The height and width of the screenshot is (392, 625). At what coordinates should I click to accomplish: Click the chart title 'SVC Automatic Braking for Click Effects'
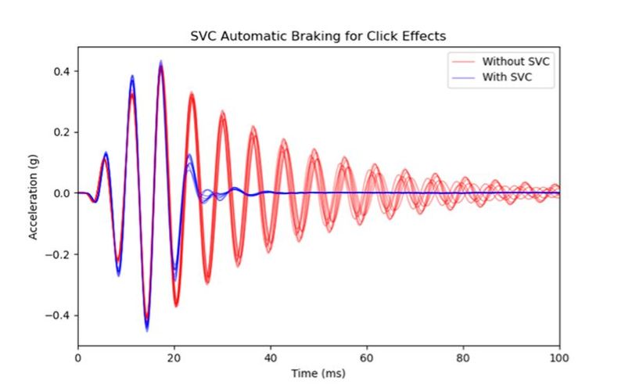point(319,36)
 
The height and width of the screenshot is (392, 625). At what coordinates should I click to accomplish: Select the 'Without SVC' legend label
point(509,61)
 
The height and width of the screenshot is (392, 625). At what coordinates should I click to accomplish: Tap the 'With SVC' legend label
point(504,78)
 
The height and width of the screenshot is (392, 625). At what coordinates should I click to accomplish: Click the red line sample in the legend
point(461,61)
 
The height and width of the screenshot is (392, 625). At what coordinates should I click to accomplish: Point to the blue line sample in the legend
point(461,78)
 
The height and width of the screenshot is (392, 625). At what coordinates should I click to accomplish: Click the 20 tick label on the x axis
point(174,359)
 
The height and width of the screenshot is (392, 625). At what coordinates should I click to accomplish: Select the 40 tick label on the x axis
point(271,359)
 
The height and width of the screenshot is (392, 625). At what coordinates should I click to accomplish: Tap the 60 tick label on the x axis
point(367,359)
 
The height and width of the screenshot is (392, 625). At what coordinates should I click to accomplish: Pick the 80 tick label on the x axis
point(463,359)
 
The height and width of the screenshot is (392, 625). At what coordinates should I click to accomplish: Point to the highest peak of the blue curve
point(161,62)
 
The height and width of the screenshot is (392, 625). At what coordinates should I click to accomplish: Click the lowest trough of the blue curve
point(146,329)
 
